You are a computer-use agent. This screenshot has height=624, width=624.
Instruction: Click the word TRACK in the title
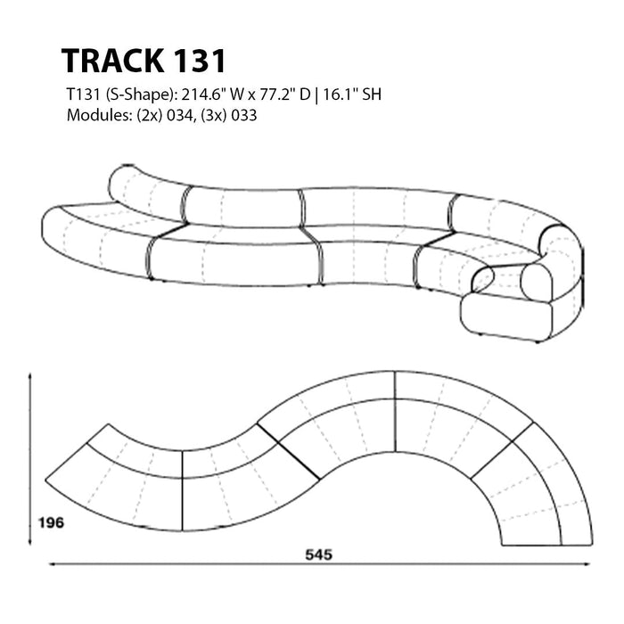tap(112, 61)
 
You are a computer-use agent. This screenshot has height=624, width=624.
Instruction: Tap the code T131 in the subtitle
tap(83, 94)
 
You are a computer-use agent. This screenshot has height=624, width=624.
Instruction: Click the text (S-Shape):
tap(140, 95)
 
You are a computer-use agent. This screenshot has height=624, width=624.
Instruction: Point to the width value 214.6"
tap(203, 94)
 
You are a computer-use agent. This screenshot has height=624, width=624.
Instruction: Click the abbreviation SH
tap(372, 94)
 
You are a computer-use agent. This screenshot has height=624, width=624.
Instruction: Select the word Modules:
tap(99, 115)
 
